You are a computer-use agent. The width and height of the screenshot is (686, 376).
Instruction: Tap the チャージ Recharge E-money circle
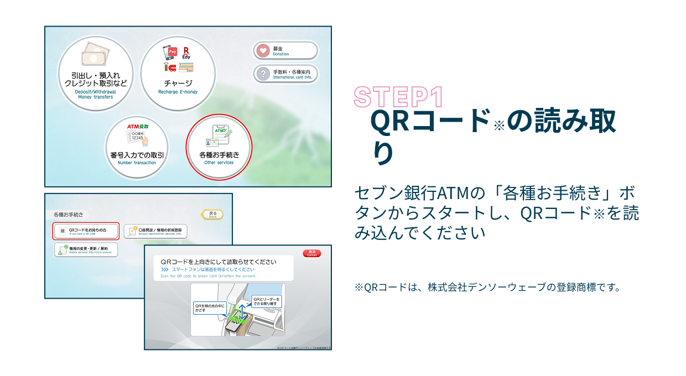tap(178, 74)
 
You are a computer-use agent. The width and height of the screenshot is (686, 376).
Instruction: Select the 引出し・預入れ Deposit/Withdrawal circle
tap(95, 74)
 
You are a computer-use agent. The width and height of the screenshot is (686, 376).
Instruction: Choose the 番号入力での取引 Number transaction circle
tap(137, 147)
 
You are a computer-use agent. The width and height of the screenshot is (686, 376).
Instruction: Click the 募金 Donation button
tap(286, 51)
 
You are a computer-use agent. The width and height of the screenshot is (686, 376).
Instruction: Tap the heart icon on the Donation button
tap(263, 51)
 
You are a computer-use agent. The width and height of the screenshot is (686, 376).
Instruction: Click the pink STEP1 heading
tap(398, 97)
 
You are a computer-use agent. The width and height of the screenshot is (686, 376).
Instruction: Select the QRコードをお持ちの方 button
tap(86, 231)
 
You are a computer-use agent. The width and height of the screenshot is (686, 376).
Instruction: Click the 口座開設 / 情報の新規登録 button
tap(155, 231)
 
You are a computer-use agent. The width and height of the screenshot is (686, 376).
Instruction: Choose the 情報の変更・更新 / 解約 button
tap(86, 249)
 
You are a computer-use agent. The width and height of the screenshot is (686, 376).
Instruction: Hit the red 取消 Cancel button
tap(311, 253)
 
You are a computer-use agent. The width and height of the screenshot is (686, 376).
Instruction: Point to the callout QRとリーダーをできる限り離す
tap(267, 301)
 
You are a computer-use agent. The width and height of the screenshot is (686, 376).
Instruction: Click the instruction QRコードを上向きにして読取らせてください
tap(218, 262)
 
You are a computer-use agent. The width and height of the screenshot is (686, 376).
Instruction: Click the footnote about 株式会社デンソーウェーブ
tap(487, 288)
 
